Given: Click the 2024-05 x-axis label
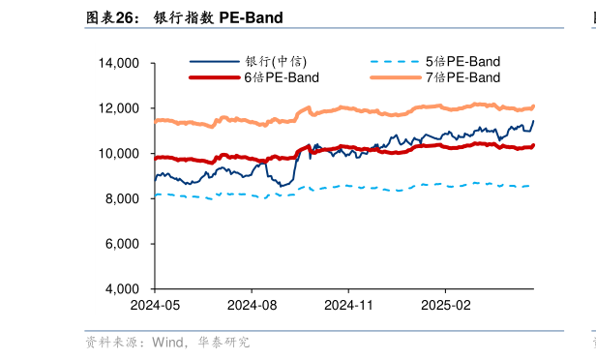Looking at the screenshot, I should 155,304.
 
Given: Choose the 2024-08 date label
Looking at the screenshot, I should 252,304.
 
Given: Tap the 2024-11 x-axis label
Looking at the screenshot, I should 348,304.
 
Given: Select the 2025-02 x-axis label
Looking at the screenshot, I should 444,304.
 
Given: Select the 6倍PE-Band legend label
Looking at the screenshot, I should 281,76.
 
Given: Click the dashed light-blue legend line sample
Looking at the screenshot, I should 395,62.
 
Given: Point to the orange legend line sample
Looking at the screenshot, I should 395,76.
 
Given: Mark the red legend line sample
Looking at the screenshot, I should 214,76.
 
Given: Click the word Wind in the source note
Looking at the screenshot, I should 167,342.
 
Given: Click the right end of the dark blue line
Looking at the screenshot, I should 533,121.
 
